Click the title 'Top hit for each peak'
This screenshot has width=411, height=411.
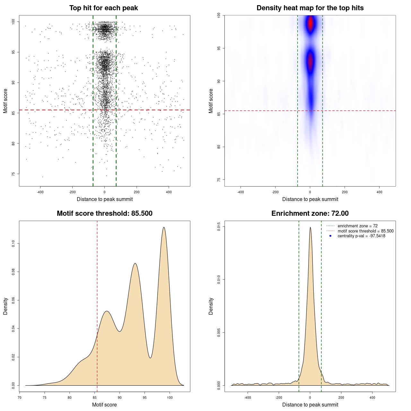coord(103,8)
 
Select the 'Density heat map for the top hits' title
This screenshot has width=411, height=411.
coord(310,8)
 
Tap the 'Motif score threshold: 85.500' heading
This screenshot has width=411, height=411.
coord(104,214)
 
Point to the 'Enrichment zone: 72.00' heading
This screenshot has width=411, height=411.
coord(310,214)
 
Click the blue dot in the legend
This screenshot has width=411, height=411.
coord(330,236)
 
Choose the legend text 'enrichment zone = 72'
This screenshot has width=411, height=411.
coord(357,226)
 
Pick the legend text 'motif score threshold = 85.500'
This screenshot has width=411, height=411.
coord(365,231)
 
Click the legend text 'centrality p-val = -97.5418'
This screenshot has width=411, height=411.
coord(361,236)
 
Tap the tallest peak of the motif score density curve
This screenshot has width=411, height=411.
coord(164,228)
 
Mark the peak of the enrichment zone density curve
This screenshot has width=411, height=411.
coord(310,228)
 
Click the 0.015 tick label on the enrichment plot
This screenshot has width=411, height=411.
coord(219,226)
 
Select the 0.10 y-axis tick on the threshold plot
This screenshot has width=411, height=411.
coord(13,244)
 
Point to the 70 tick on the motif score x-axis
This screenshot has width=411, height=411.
coord(20,398)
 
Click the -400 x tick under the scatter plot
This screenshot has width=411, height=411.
coord(40,192)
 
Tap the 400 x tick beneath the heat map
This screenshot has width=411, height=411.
coord(379,192)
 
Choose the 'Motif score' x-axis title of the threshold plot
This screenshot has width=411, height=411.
coord(104,405)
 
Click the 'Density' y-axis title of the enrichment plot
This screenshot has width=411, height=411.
coord(211,306)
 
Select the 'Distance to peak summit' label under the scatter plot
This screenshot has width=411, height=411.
coord(104,199)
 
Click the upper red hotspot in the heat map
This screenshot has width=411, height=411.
coord(310,23)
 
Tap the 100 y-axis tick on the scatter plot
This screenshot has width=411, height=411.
coord(13,22)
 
